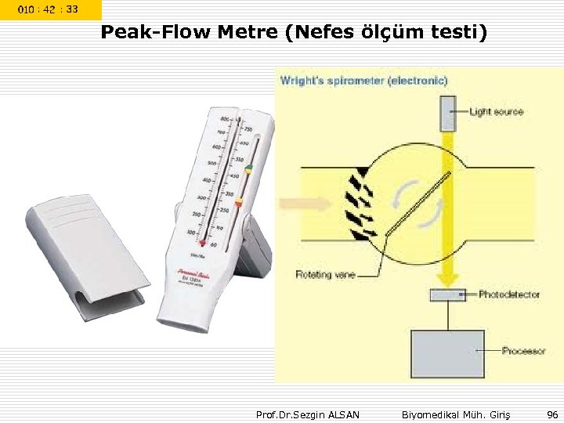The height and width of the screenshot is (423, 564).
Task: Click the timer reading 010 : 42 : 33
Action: (x=49, y=9)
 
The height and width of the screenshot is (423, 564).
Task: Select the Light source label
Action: (x=496, y=112)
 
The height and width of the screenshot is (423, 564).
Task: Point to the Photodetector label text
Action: (x=510, y=295)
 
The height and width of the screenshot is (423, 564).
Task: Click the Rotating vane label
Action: (x=325, y=274)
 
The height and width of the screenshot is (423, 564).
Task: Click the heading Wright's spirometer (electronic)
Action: (x=364, y=80)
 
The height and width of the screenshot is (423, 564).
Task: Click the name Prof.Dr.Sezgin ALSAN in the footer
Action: (x=308, y=414)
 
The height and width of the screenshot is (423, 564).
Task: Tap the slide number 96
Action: (x=552, y=414)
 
